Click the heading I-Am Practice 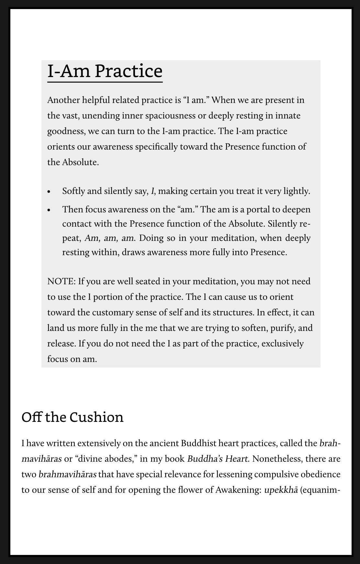(105, 71)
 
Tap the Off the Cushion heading (73, 417)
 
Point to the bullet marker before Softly (49, 192)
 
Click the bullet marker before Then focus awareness (49, 210)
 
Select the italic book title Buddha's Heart (218, 459)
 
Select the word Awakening (238, 490)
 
